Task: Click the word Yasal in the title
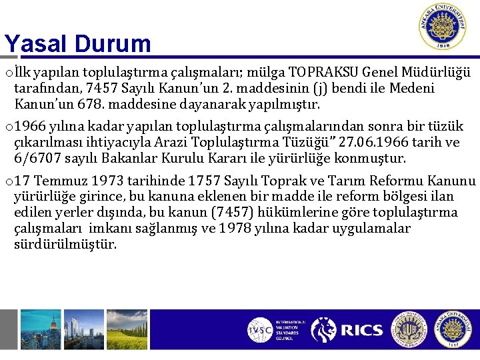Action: coord(37,44)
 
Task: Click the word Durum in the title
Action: coord(113,44)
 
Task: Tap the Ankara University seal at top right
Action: coord(443,27)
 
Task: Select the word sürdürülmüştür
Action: coord(65,245)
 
